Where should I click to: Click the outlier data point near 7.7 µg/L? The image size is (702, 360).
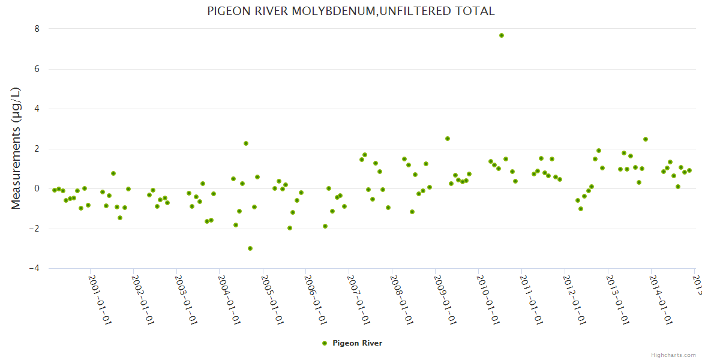(x=502, y=35)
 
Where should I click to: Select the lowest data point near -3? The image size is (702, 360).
(x=250, y=248)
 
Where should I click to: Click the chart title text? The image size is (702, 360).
(x=350, y=11)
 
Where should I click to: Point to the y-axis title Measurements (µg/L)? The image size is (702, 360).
(x=16, y=148)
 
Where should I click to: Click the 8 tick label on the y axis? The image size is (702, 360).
(x=37, y=29)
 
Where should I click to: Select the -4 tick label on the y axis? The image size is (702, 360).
(x=34, y=268)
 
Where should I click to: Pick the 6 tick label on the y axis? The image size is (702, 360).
(x=37, y=69)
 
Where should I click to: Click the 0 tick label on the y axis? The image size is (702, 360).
(x=37, y=188)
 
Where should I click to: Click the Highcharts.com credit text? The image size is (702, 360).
(x=673, y=355)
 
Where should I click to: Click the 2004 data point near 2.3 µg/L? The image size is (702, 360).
(x=246, y=143)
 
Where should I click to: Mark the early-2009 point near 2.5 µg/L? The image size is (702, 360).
(x=448, y=139)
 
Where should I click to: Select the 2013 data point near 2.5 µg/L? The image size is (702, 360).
(x=646, y=139)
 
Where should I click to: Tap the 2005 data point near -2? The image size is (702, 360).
(x=290, y=228)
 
